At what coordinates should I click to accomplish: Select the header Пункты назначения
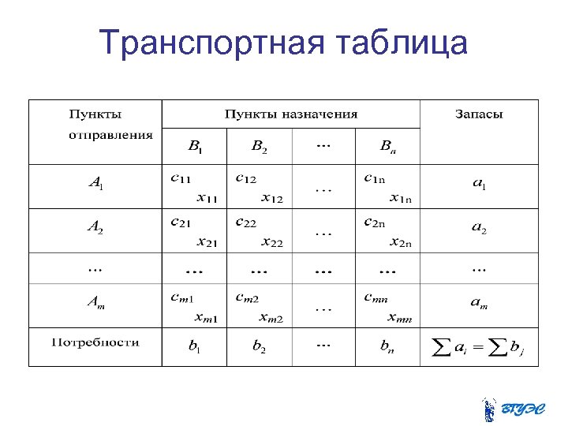291,114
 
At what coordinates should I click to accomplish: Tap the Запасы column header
478,114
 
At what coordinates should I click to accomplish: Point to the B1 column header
195,146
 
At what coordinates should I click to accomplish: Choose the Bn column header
387,146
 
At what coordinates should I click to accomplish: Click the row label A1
95,185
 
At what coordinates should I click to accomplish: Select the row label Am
95,303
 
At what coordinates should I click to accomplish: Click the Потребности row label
95,342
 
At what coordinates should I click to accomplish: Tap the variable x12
272,197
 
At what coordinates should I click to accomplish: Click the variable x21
207,241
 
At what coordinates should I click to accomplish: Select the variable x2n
399,241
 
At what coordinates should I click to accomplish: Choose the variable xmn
399,317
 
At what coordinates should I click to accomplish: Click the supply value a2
478,229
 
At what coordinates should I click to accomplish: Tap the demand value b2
259,346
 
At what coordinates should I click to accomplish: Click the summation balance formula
478,347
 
